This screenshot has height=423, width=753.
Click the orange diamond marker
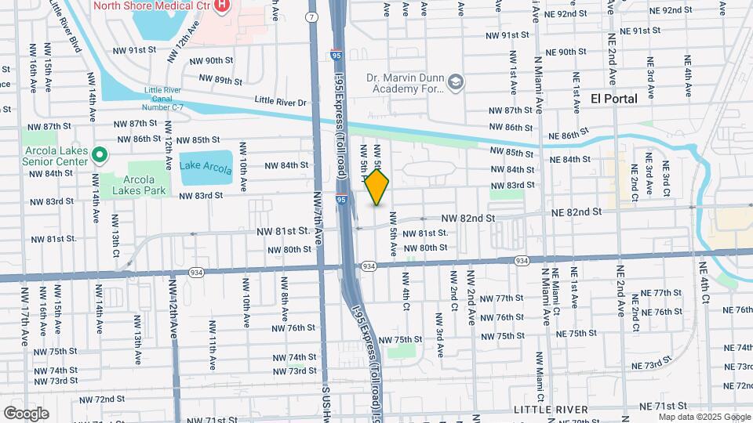pos(377,188)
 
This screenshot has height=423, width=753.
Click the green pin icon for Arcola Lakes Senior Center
pos(100,155)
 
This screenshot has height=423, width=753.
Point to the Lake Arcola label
pos(206,167)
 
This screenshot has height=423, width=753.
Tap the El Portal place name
pos(613,99)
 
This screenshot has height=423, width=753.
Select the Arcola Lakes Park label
pos(137,184)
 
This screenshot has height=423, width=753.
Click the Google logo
pos(26,413)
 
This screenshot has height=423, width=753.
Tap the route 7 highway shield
pos(313,16)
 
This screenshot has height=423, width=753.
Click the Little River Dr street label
pos(282,100)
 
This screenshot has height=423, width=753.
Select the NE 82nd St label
pos(575,212)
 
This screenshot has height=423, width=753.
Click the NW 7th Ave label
pos(318,220)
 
